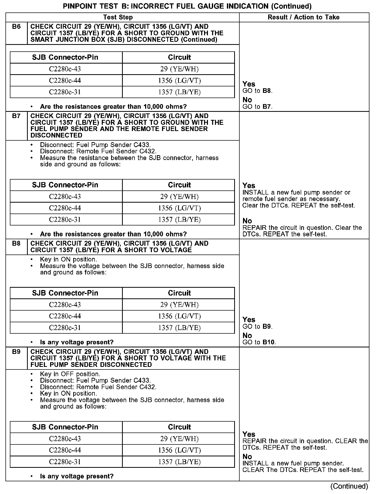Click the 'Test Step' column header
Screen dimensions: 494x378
pyautogui.click(x=118, y=17)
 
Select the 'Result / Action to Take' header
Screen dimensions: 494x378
pyautogui.click(x=303, y=17)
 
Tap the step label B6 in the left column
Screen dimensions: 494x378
pyautogui.click(x=16, y=27)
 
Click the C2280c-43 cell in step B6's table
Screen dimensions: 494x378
pyautogui.click(x=65, y=69)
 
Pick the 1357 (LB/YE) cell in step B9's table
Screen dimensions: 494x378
pyautogui.click(x=179, y=462)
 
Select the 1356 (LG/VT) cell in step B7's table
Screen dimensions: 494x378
pyautogui.click(x=179, y=208)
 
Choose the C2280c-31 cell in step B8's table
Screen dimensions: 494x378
pyautogui.click(x=65, y=328)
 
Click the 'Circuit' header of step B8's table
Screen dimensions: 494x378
pyautogui.click(x=179, y=293)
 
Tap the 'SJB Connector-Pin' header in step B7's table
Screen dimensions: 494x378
pyautogui.click(x=65, y=185)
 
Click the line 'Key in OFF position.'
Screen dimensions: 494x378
pyautogui.click(x=70, y=374)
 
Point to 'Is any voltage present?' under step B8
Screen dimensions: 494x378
pyautogui.click(x=77, y=342)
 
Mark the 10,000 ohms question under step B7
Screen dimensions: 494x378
pyautogui.click(x=113, y=234)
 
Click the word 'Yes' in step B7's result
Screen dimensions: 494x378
pyautogui.click(x=249, y=186)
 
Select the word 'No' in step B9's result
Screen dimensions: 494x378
pyautogui.click(x=247, y=456)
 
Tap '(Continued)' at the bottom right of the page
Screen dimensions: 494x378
pyautogui.click(x=349, y=486)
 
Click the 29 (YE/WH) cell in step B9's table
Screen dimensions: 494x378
pyautogui.click(x=179, y=439)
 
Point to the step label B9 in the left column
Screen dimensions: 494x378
pyautogui.click(x=16, y=352)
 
